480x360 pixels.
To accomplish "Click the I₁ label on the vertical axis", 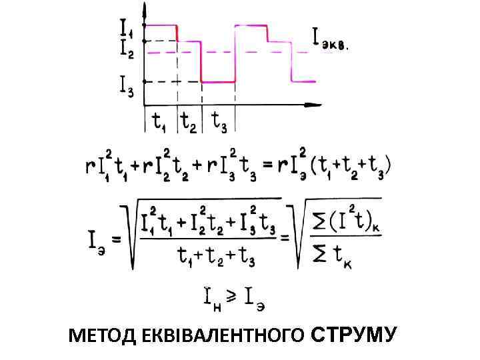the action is [127, 27].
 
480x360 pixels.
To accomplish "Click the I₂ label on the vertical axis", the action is [127, 47].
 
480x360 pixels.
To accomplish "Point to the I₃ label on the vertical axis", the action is [127, 85].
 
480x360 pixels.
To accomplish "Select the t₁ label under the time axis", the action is [159, 121].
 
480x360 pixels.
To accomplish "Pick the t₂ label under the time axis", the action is [189, 121].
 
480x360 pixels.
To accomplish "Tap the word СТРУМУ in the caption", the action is [353, 335].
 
